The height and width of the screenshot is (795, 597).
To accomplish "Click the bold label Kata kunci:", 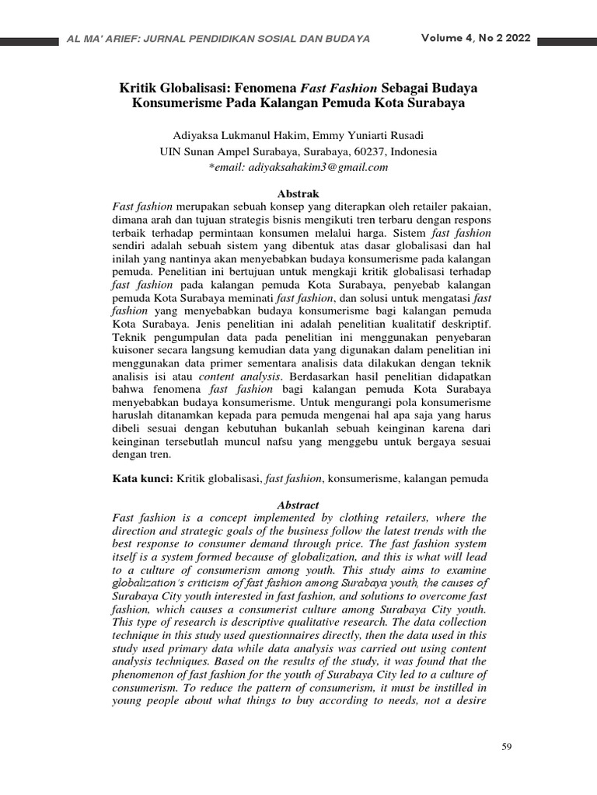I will [x=143, y=480].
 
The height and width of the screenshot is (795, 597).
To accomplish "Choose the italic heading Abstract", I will [x=298, y=505].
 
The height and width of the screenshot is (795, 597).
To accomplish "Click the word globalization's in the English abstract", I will [x=150, y=582].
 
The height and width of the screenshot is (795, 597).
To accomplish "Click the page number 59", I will [x=508, y=747].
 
